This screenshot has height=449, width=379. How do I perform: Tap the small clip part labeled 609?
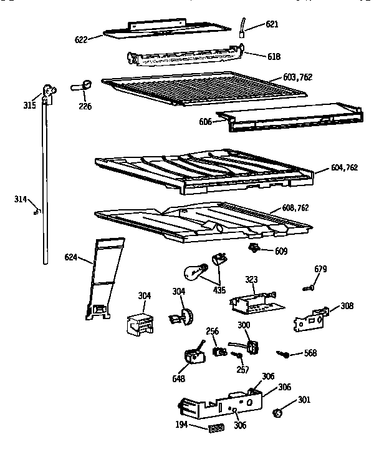tap(254, 250)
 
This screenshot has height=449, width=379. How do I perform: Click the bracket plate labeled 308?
tap(310, 319)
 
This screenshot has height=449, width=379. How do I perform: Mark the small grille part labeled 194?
tap(216, 428)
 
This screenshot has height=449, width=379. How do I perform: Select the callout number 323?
tap(251, 280)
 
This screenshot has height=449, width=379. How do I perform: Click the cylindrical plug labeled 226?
tap(85, 86)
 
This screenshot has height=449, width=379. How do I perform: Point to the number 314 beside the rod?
tap(21, 199)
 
